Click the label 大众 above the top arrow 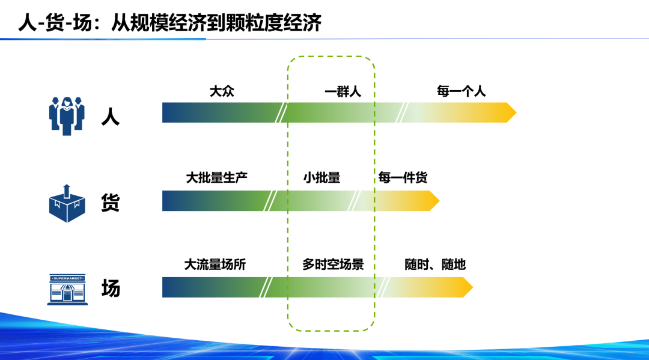click(222, 91)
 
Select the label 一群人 click(343, 91)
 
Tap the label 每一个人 click(461, 91)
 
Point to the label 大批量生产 click(217, 178)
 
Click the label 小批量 click(321, 178)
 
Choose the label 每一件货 click(403, 178)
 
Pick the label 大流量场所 click(215, 264)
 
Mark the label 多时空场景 click(333, 264)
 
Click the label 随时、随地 click(435, 264)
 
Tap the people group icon click(67, 115)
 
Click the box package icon click(67, 203)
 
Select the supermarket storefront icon click(67, 289)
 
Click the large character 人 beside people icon click(111, 115)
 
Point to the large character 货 click(111, 203)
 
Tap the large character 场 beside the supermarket click(111, 289)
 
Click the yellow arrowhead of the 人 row click(510, 112)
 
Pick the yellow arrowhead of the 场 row click(467, 287)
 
